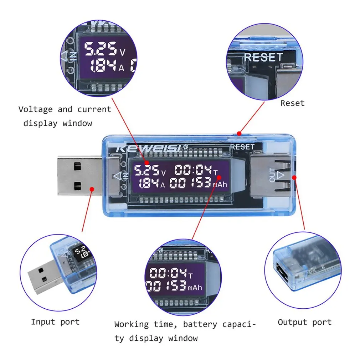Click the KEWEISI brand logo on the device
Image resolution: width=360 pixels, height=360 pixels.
coord(150,147)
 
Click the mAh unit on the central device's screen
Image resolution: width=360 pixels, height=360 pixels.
coord(220,185)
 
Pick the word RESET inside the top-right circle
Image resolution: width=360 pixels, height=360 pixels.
coord(263,57)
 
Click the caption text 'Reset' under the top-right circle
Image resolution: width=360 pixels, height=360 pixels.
coord(292,103)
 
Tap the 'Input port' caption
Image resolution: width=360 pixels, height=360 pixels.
coord(55,322)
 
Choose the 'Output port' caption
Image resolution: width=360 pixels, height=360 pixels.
coord(304,322)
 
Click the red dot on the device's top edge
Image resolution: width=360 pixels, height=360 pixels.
coord(239,134)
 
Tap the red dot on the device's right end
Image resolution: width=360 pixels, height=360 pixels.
coord(294,177)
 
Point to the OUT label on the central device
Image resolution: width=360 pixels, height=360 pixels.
coord(273,175)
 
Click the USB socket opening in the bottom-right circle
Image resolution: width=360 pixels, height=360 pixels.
coord(281,272)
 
